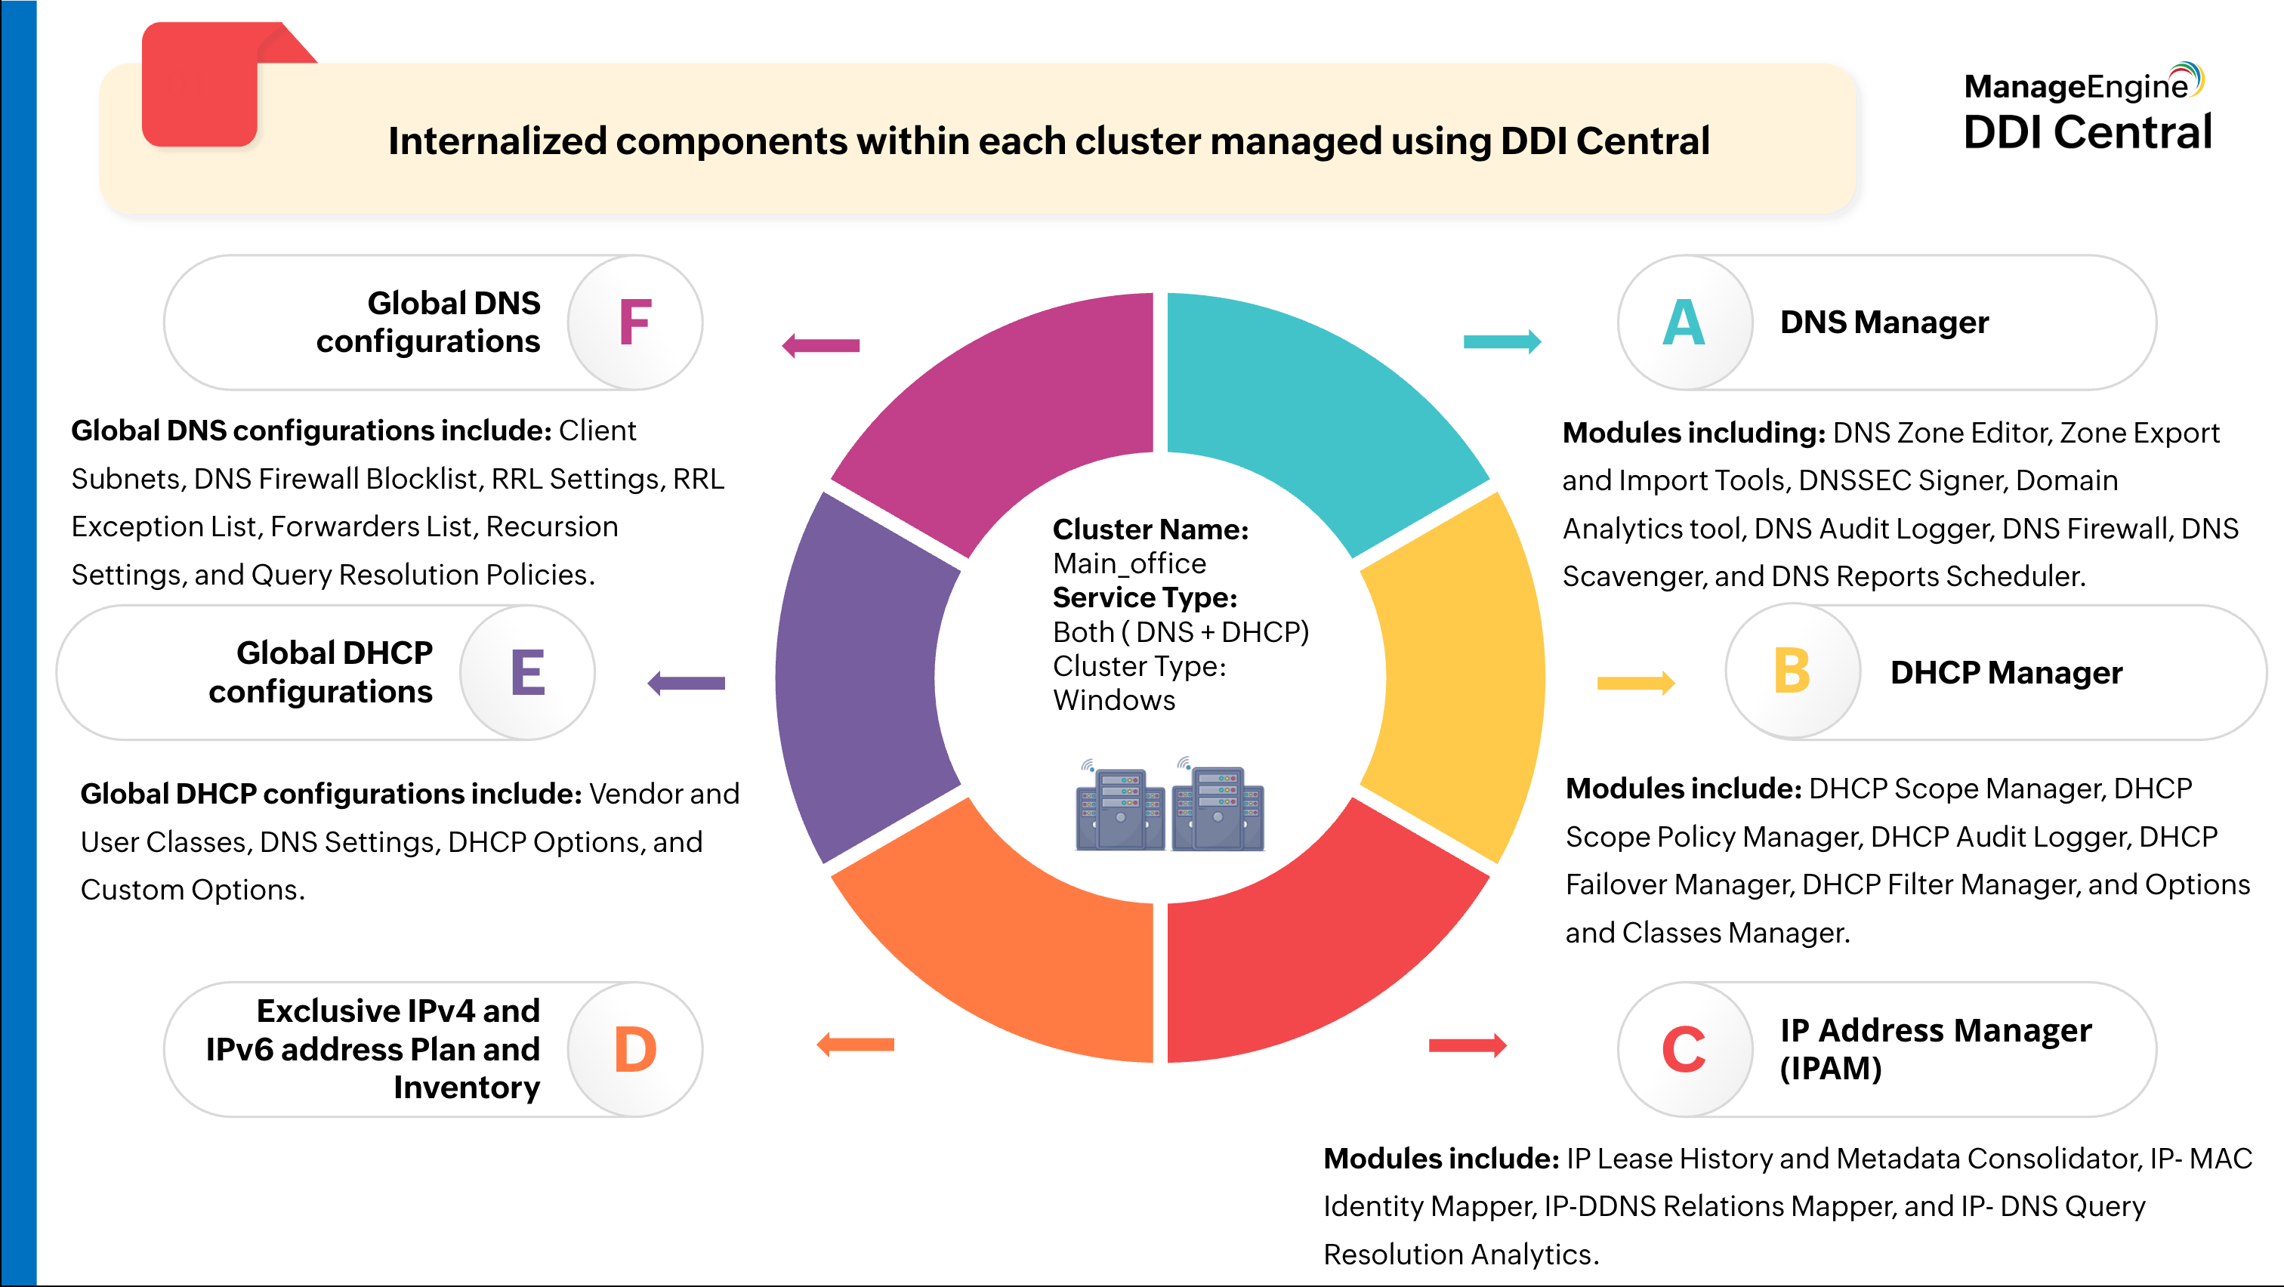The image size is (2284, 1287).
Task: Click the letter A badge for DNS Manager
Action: pos(1684,323)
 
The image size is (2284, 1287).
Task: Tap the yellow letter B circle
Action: pos(1792,672)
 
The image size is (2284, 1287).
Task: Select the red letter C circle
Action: pos(1684,1048)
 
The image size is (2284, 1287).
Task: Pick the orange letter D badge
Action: pos(635,1048)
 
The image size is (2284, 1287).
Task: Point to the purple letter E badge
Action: pos(527,673)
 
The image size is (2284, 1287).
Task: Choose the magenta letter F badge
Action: pos(635,323)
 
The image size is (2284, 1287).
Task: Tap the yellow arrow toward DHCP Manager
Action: pos(1635,683)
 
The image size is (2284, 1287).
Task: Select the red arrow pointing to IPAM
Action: pos(1468,1046)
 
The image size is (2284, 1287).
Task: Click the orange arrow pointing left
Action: pos(856,1044)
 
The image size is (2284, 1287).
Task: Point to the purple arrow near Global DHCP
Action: pos(687,684)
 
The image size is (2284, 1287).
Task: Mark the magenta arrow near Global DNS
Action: pos(821,346)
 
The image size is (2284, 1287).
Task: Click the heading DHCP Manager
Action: pos(2005,673)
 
